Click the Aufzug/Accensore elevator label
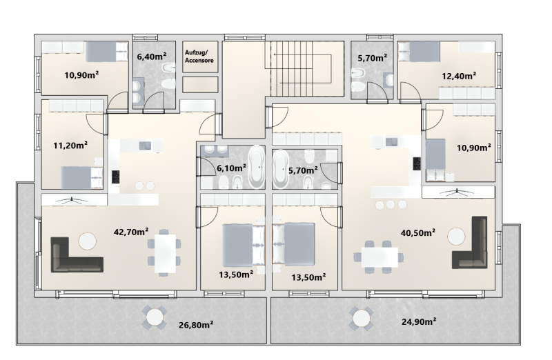(x=199, y=57)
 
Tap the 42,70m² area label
(x=131, y=232)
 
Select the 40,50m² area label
(x=418, y=232)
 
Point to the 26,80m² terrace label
(x=196, y=324)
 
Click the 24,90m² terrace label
(x=419, y=321)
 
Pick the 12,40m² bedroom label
(x=459, y=76)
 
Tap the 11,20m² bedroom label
(x=70, y=145)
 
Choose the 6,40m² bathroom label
(x=151, y=57)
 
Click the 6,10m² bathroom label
(x=231, y=168)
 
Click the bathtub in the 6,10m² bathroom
(x=256, y=167)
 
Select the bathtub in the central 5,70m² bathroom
(x=281, y=169)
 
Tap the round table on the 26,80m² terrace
(x=154, y=317)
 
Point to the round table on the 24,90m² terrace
(x=361, y=319)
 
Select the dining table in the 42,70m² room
(x=165, y=253)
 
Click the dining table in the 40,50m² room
(x=379, y=257)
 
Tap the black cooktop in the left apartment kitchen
(x=116, y=177)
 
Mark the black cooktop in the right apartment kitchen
(x=417, y=163)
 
